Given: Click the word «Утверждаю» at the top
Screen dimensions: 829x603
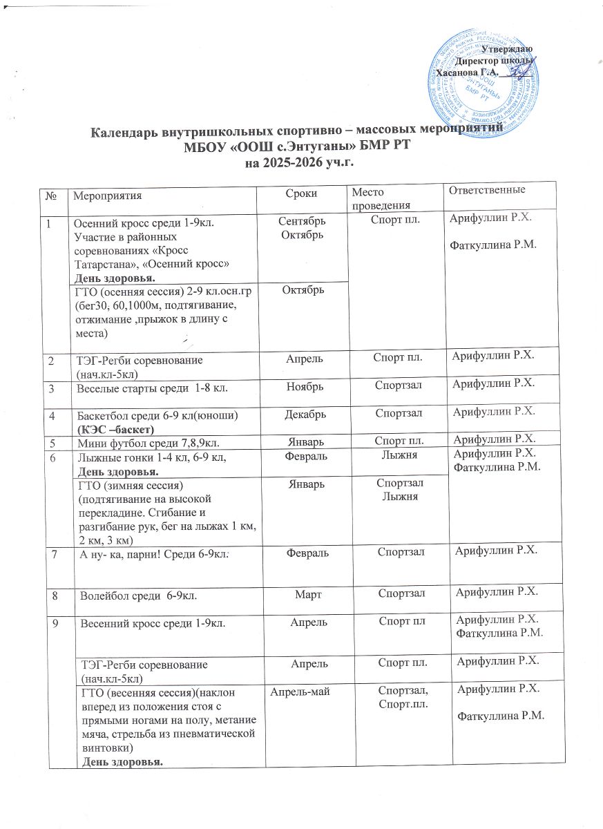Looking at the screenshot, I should point(506,49).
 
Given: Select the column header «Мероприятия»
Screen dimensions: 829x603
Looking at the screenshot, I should point(107,195).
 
